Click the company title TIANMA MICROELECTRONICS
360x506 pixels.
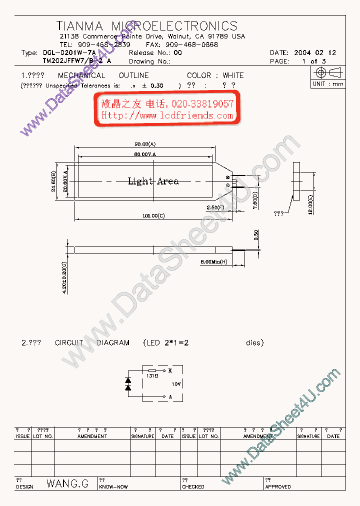pos(147,26)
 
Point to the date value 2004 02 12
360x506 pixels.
pos(315,52)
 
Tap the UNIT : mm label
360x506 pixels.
pos(328,84)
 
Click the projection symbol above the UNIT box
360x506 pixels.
pos(328,72)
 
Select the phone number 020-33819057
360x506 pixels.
pos(202,104)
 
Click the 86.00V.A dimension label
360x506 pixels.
pos(145,154)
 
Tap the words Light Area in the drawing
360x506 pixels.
pos(153,181)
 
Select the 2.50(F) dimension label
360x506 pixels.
pos(216,206)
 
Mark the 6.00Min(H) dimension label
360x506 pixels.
pos(214,262)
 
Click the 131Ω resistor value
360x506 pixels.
pos(152,375)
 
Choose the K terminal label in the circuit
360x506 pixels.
pos(170,370)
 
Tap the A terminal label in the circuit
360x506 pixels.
pos(170,396)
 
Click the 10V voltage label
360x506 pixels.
pos(176,384)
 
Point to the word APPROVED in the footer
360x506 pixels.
pos(278,487)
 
